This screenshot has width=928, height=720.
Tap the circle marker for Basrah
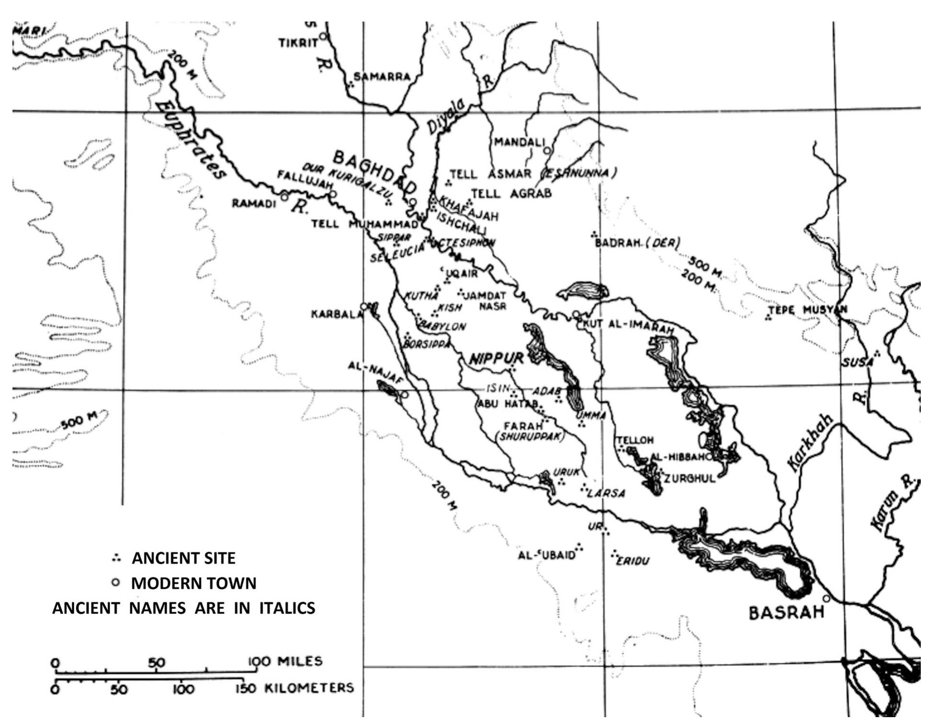[x=826, y=599]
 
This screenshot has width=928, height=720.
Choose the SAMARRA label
[x=382, y=77]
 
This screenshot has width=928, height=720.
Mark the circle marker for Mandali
[x=548, y=150]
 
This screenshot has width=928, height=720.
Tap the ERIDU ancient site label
[x=633, y=561]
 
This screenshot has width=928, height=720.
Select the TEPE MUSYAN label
[x=807, y=310]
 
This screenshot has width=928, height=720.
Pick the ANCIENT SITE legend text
[x=183, y=558]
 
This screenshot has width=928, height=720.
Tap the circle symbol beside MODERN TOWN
[x=115, y=583]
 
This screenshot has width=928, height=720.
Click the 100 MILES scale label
[x=285, y=661]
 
